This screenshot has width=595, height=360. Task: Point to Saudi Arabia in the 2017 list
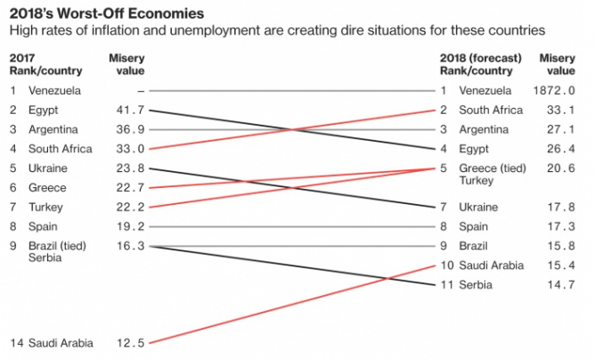[61, 342]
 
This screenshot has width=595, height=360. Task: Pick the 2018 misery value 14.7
[560, 284]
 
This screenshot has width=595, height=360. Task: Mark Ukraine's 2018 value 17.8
[560, 207]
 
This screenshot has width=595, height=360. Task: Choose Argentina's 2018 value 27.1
[560, 129]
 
